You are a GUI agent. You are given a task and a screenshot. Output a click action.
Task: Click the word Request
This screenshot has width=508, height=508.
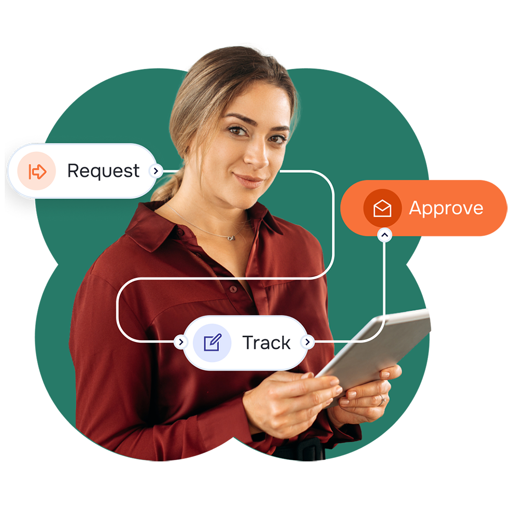pyautogui.click(x=103, y=171)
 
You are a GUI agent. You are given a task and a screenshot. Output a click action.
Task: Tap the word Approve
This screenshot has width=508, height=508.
pyautogui.click(x=446, y=208)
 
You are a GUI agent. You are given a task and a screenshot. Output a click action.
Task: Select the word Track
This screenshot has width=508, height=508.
pyautogui.click(x=266, y=343)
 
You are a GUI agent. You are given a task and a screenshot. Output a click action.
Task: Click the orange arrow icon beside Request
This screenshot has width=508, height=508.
pyautogui.click(x=37, y=172)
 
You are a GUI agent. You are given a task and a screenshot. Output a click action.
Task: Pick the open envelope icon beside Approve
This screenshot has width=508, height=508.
pyautogui.click(x=382, y=208)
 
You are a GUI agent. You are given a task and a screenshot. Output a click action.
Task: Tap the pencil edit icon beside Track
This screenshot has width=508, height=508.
pyautogui.click(x=212, y=343)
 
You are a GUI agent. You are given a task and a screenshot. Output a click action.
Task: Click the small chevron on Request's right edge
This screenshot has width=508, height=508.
pyautogui.click(x=156, y=171)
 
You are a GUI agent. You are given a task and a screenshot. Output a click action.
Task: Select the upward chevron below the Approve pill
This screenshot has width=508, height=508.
pyautogui.click(x=385, y=234)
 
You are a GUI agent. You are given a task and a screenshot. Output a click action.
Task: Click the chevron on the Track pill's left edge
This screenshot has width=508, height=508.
pyautogui.click(x=180, y=342)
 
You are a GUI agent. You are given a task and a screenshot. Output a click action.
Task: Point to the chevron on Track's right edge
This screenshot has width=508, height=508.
pyautogui.click(x=307, y=342)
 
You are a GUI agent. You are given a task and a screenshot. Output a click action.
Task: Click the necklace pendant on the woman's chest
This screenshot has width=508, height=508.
pyautogui.click(x=231, y=238)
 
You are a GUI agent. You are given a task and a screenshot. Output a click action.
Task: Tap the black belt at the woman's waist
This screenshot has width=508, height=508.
pyautogui.click(x=301, y=449)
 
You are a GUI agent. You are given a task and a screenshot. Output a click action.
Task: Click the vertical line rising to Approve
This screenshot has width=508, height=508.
pyautogui.click(x=385, y=282)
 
